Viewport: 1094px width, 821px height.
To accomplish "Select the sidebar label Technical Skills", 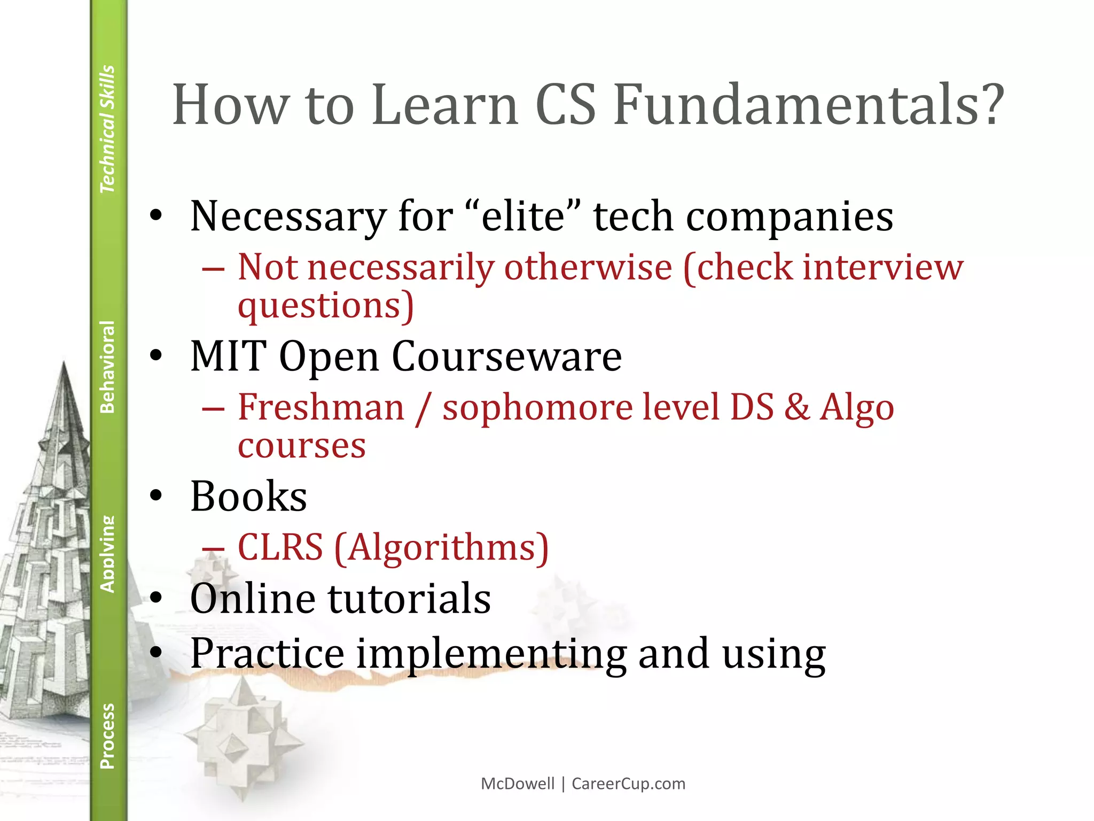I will click(x=107, y=129).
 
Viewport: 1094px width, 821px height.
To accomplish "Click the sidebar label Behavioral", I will click(x=107, y=367).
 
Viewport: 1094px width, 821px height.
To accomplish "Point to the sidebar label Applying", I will click(x=107, y=554).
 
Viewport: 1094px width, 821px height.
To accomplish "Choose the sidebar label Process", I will click(x=107, y=736).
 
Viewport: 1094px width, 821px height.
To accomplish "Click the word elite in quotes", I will click(x=523, y=216).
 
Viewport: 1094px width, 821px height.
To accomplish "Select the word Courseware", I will click(x=507, y=357).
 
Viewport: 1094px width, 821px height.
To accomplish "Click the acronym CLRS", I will click(x=280, y=547).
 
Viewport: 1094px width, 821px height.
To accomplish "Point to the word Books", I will click(x=248, y=497).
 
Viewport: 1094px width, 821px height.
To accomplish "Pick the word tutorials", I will click(x=409, y=599).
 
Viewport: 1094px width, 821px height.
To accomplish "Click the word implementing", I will click(x=491, y=654).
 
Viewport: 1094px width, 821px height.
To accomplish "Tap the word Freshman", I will click(x=321, y=407).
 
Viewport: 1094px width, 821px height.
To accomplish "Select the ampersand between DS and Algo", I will click(x=797, y=407).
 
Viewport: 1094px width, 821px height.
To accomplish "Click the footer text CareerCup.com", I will click(x=628, y=784).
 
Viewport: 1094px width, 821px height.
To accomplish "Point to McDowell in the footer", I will click(x=518, y=784).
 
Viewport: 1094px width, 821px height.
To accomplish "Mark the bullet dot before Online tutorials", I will click(x=156, y=598).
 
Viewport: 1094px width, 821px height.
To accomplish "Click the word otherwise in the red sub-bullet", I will click(x=588, y=267).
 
